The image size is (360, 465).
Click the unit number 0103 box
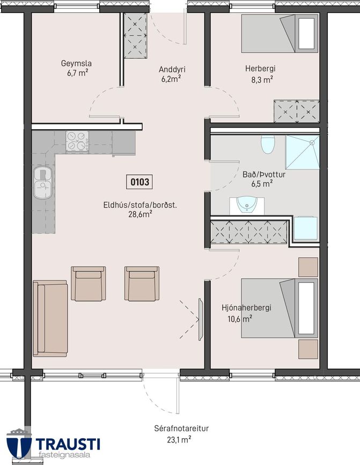click(x=139, y=181)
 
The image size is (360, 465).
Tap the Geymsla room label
click(x=76, y=63)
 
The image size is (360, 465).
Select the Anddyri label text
click(x=172, y=69)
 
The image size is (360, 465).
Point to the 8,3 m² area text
click(x=262, y=80)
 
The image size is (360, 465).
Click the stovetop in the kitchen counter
click(x=77, y=141)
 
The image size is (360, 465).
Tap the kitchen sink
click(x=43, y=182)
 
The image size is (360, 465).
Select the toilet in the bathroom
click(x=268, y=144)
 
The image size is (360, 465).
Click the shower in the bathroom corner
click(x=302, y=152)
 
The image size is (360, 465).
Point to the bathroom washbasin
click(x=247, y=205)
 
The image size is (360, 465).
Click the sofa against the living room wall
click(x=50, y=318)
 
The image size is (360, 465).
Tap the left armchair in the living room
click(x=89, y=284)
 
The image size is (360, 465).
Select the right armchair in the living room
click(x=142, y=284)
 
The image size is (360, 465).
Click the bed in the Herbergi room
click(x=280, y=33)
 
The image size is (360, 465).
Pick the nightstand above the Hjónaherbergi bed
click(x=308, y=267)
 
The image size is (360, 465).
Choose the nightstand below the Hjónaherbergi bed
click(x=308, y=349)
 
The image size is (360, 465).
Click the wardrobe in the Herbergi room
click(x=297, y=111)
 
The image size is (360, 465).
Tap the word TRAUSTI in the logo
click(x=68, y=445)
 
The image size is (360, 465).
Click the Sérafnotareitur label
click(x=181, y=429)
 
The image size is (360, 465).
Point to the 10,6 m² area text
click(x=240, y=319)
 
